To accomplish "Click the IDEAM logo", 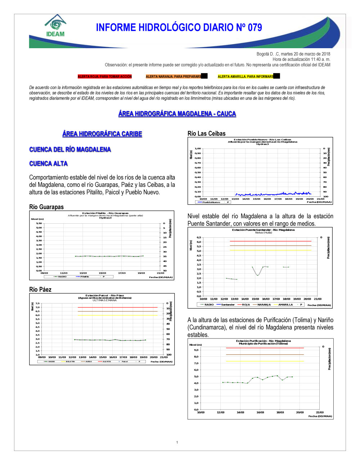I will click(55, 26).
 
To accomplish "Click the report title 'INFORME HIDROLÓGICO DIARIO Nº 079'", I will click(179, 28).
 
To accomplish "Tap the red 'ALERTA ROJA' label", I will click(105, 77).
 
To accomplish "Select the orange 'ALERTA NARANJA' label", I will click(174, 77).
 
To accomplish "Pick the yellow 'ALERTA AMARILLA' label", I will click(246, 77).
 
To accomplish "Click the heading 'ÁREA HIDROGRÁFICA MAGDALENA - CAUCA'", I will click(177, 114).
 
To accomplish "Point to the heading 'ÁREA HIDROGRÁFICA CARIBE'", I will click(102, 134).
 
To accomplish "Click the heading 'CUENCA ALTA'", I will click(49, 164).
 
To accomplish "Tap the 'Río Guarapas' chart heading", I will click(46, 207).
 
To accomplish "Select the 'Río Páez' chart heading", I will click(40, 290).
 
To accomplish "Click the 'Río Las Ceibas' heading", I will click(207, 133).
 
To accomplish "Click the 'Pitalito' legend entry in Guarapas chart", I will click(84, 277).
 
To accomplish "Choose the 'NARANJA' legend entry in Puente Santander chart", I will click(264, 305).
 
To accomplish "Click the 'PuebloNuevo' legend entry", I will click(211, 202).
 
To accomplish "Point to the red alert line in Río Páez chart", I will click(117, 307).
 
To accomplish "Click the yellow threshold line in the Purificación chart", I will click(265, 361).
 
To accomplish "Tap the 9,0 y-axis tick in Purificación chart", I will click(196, 350).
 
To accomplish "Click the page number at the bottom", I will click(177, 442).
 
